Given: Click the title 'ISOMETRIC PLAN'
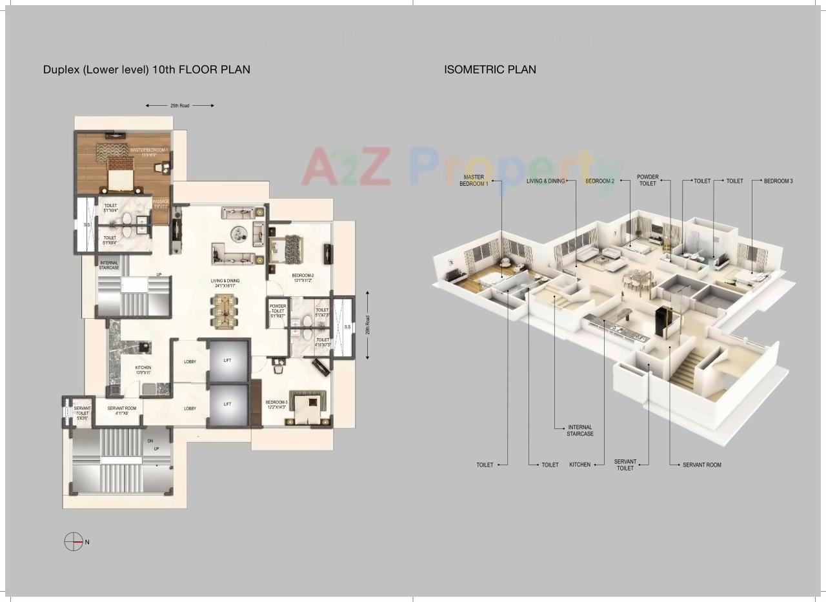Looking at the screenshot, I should tap(490, 69).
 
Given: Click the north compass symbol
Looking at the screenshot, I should tap(74, 542).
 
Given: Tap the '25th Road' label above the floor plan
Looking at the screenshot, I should tap(179, 105).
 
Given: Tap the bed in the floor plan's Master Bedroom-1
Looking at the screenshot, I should tap(120, 173).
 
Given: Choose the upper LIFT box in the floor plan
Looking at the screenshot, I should tap(227, 361).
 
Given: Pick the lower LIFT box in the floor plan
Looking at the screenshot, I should tap(227, 404).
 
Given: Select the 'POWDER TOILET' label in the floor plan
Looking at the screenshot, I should tap(277, 310).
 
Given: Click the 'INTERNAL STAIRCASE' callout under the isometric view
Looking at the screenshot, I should tap(579, 430).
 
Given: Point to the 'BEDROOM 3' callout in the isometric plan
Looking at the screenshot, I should tap(778, 181).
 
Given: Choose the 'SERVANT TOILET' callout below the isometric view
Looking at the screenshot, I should tap(625, 465).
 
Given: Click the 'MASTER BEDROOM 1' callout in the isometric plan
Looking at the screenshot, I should tap(474, 180).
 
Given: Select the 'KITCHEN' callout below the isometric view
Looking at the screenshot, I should tap(579, 465).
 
